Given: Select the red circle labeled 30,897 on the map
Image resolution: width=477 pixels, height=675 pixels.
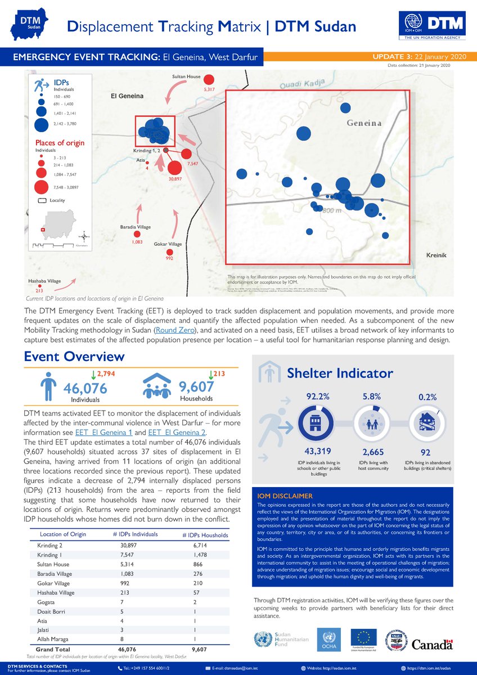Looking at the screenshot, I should click(x=175, y=168).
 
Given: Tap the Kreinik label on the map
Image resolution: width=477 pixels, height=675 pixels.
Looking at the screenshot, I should click(x=436, y=255).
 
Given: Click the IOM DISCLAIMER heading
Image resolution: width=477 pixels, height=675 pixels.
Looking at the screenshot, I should click(x=285, y=496).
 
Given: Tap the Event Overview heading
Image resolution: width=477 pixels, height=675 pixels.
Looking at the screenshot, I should click(x=74, y=357).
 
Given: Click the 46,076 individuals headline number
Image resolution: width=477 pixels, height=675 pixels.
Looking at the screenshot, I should click(x=85, y=388).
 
